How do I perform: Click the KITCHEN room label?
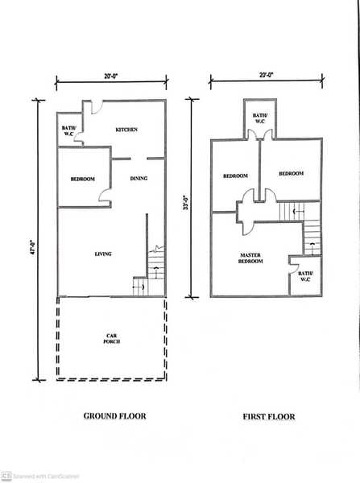point(126,130)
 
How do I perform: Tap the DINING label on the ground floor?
point(139,179)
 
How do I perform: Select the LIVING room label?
point(103,254)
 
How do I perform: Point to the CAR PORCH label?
point(112,339)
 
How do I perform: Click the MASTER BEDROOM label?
point(250,258)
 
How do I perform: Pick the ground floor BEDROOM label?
point(83,179)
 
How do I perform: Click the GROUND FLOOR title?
point(114,416)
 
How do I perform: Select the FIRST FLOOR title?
point(269,417)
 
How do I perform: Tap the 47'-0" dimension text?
point(34,247)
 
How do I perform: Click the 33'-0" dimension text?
point(186,202)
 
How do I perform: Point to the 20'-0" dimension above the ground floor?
point(111,76)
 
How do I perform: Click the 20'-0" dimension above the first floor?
point(267,75)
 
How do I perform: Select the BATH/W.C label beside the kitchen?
point(68,131)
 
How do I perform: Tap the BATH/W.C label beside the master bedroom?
point(305,276)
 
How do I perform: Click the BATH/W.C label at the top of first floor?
point(260,118)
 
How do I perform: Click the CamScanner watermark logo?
point(6,475)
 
